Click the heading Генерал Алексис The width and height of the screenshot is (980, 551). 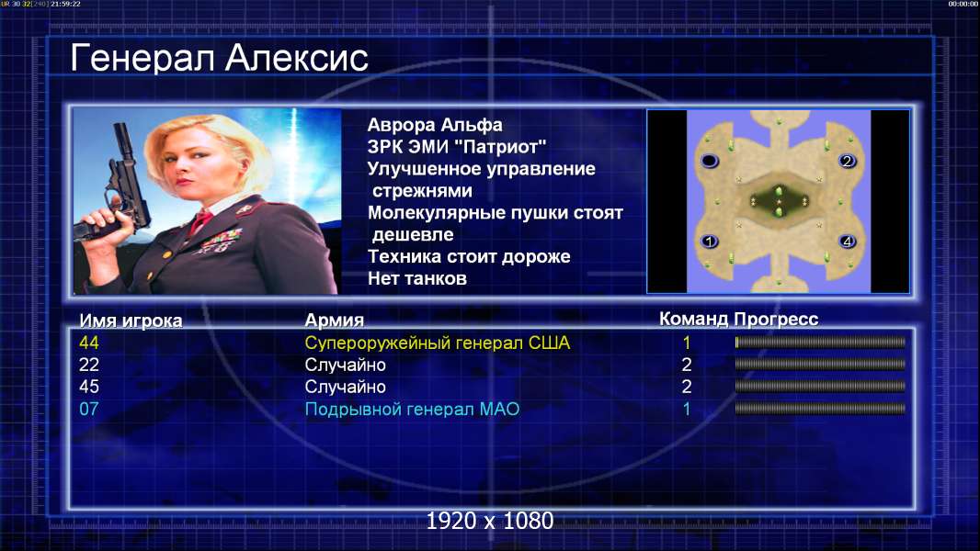(x=220, y=58)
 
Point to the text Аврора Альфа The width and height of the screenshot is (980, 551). (x=435, y=125)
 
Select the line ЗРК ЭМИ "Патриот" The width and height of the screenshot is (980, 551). (x=457, y=147)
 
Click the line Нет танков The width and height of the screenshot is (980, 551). (x=417, y=278)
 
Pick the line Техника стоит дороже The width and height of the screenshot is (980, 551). (x=469, y=256)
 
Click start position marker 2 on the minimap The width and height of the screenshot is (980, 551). (x=847, y=161)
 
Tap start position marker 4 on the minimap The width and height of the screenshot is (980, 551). (x=847, y=241)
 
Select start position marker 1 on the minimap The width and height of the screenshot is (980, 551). (x=710, y=241)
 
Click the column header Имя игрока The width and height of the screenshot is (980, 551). (x=131, y=320)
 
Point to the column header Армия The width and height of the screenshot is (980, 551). (x=335, y=320)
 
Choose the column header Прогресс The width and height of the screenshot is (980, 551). (x=776, y=319)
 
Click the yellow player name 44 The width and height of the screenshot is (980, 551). (x=89, y=343)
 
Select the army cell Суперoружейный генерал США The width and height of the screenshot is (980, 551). (x=438, y=343)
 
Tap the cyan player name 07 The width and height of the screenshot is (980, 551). (x=89, y=410)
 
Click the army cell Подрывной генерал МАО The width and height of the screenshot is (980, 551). (x=412, y=410)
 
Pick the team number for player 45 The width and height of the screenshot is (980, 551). (x=686, y=387)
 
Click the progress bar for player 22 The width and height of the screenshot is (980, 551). (x=820, y=365)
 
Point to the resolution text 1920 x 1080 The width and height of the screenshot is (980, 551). (x=489, y=521)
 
